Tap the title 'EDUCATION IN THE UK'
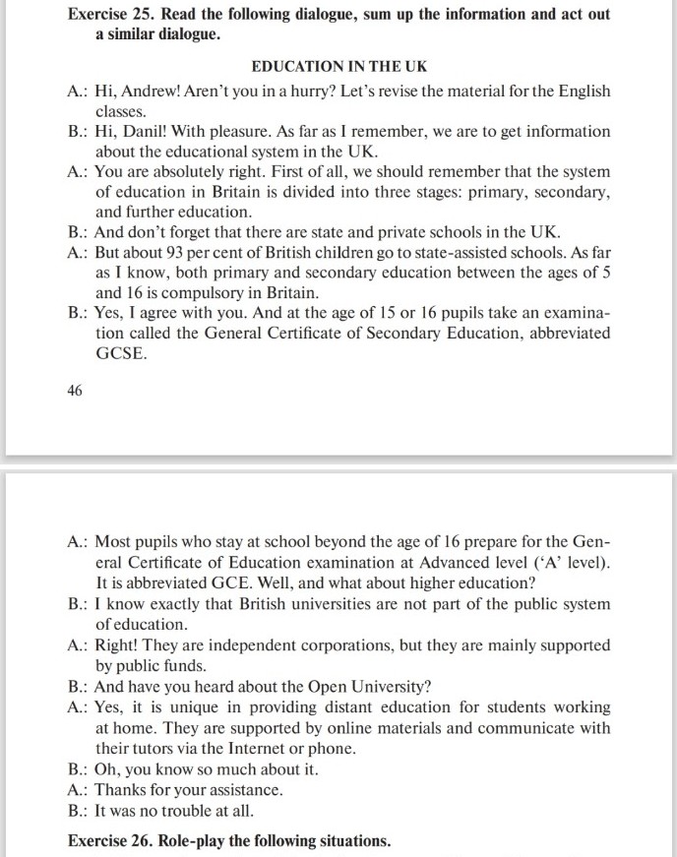coord(338,67)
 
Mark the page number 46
coord(76,391)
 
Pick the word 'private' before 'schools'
coord(404,232)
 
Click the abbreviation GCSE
coord(121,353)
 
